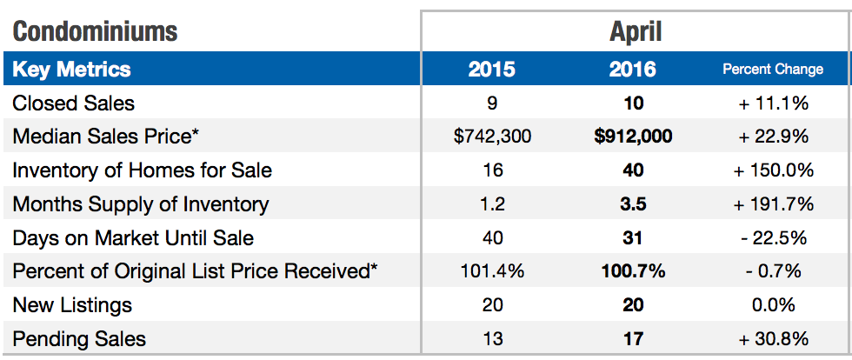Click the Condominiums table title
pos(95,32)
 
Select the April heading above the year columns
pos(635,32)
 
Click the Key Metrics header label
pos(71,70)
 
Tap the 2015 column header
pos(492,70)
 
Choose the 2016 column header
pos(633,70)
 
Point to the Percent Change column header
pos(773,70)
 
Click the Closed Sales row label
pos(74,103)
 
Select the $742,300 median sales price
pos(492,137)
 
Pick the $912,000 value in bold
pos(633,137)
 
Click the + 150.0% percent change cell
pos(773,170)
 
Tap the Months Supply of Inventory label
pos(141,204)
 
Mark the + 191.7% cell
pos(773,204)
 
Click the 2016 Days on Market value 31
pos(633,237)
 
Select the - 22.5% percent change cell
pos(773,237)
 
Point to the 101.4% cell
pos(492,271)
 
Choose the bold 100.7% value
pos(633,271)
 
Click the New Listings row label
pos(72,305)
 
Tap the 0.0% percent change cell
pos(773,305)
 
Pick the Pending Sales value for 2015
pos(492,338)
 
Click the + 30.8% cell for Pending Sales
pos(773,338)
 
